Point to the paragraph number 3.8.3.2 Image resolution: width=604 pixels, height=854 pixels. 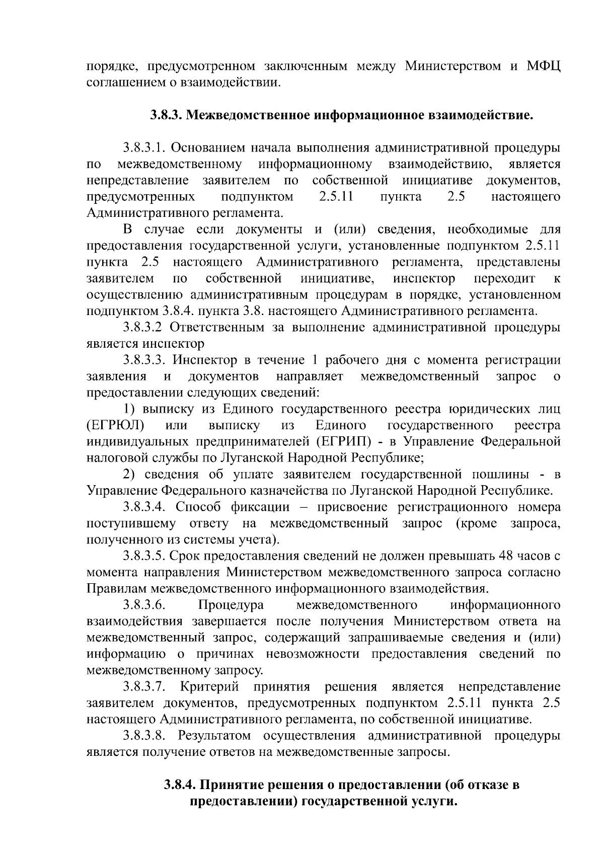tap(143, 328)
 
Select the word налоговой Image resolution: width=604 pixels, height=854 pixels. tap(112, 458)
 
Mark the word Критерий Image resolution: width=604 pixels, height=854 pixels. tap(209, 687)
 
